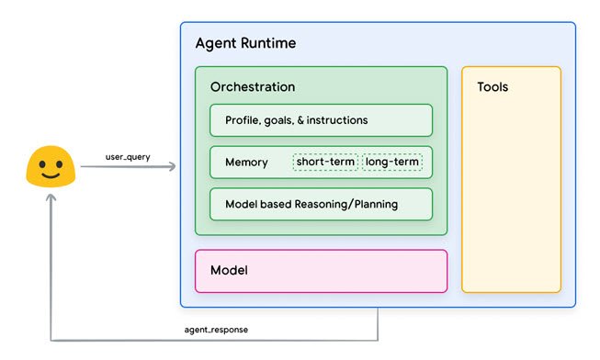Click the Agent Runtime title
point(245,44)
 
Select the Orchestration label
point(253,87)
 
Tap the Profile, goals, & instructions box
point(321,120)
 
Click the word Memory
point(246,163)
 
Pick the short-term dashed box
point(325,163)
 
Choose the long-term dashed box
point(392,163)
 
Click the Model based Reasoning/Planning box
point(321,204)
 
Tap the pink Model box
point(321,271)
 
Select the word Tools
point(492,87)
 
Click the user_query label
point(129,157)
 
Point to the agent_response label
point(216,329)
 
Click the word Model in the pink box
point(229,271)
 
